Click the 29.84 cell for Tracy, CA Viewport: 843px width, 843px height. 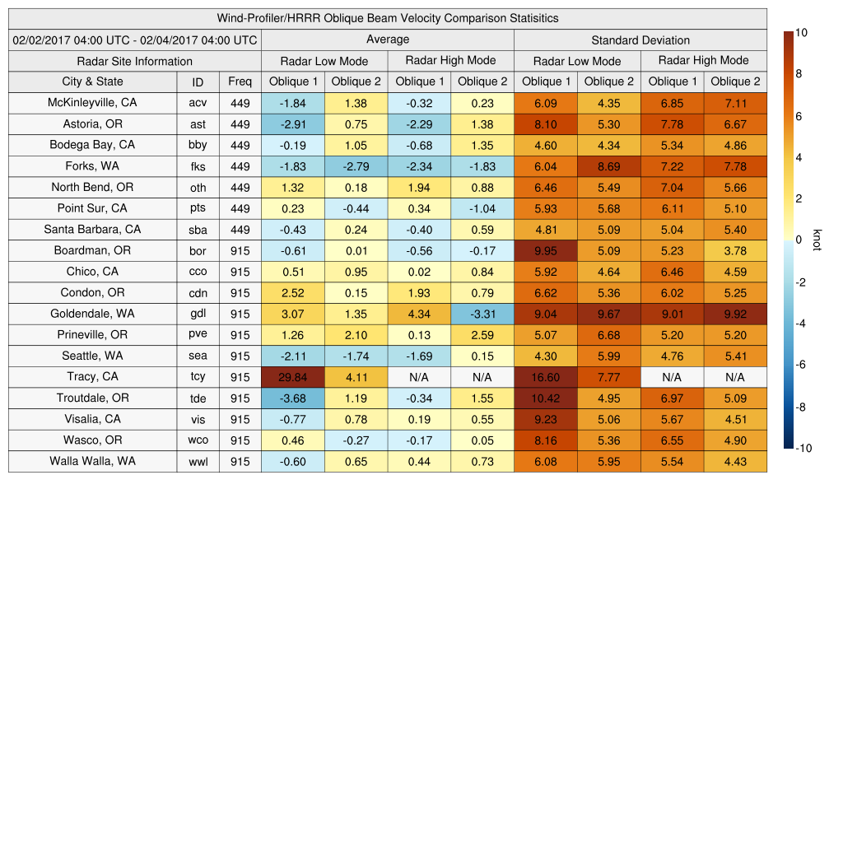[292, 377]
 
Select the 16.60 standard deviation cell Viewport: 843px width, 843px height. [545, 377]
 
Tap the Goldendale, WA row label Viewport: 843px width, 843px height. [92, 314]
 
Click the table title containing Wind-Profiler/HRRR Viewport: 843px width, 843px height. [388, 18]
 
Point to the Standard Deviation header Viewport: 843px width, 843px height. [640, 40]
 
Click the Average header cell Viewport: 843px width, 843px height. [387, 40]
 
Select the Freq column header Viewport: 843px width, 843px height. [240, 82]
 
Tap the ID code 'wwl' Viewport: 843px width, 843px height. [198, 462]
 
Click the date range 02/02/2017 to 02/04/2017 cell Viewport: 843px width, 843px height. [135, 40]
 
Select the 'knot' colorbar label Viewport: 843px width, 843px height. [817, 240]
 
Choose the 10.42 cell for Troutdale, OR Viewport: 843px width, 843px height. [545, 398]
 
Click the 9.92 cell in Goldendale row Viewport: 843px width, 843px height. [735, 314]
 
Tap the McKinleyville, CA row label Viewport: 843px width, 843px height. [92, 103]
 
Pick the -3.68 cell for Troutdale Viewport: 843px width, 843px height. [292, 398]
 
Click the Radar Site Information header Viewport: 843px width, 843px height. [135, 61]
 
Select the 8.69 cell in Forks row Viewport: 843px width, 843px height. [608, 166]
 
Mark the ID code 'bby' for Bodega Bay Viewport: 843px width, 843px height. [198, 145]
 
